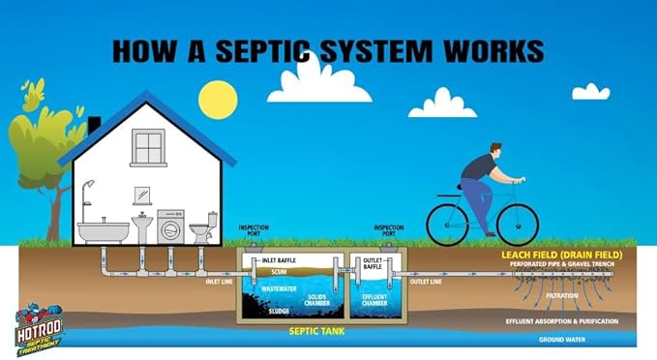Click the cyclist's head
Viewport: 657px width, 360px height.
pos(495,152)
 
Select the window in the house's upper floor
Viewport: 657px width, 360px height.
pos(148,148)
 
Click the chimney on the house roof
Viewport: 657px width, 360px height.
pos(94,127)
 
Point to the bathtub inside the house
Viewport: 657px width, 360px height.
pos(103,231)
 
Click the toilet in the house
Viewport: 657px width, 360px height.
pos(201,233)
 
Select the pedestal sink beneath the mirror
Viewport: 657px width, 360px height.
pos(141,228)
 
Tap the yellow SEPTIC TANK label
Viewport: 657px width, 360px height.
pos(316,330)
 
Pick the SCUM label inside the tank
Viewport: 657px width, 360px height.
pos(281,272)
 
